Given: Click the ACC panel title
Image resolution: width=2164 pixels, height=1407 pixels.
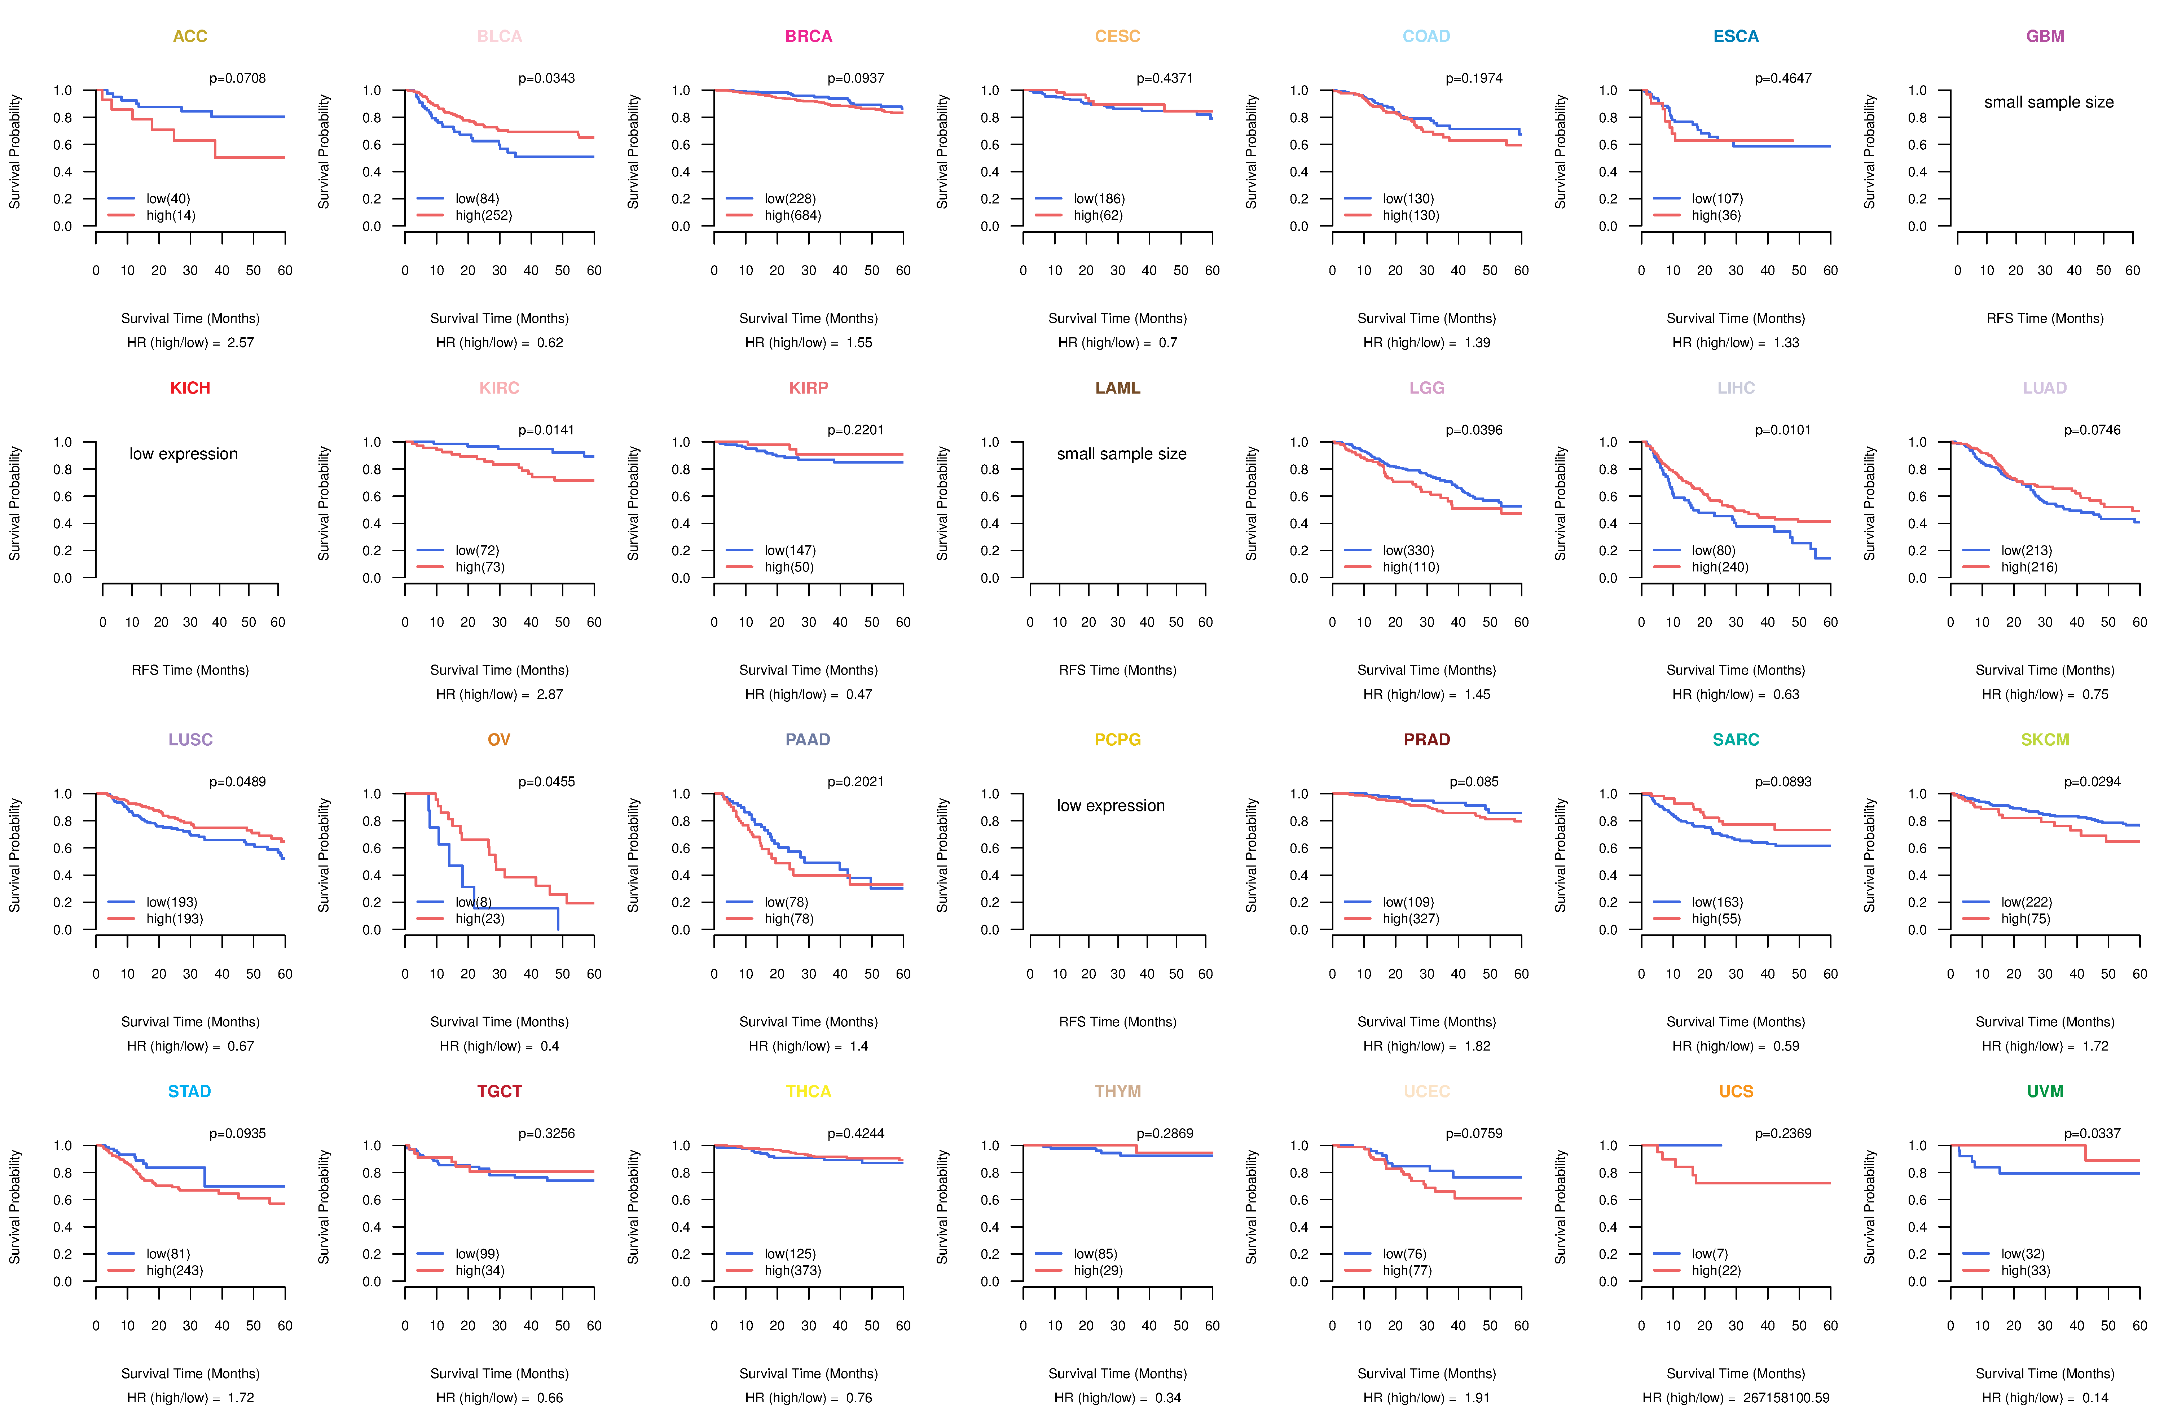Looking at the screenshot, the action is [190, 36].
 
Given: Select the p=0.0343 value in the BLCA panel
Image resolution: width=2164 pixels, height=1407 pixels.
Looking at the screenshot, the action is [546, 78].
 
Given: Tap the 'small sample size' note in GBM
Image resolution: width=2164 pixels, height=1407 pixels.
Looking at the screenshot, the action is [2049, 102].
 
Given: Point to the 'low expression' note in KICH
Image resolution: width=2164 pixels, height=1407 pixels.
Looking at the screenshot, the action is [184, 454].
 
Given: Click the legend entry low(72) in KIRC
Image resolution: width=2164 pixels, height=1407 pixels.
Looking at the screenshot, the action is [478, 550].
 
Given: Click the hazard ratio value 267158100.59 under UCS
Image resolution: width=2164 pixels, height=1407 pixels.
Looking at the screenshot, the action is [1787, 1398].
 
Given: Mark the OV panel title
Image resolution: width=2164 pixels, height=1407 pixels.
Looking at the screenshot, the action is [499, 740].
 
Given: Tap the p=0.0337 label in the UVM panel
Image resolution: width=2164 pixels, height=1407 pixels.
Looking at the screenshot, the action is [2092, 1133].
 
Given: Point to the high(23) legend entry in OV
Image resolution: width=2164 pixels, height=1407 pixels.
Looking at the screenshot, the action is [480, 919].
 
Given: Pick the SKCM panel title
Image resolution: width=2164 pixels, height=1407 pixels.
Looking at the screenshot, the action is [2045, 740].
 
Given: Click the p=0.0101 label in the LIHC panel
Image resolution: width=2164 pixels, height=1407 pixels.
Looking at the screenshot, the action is [1783, 430].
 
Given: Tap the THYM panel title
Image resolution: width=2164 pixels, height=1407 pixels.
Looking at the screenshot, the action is [1117, 1091].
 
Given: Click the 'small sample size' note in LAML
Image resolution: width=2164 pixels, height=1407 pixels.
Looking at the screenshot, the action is [1121, 454].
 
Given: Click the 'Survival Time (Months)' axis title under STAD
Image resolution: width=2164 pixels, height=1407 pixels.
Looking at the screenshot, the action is [190, 1373].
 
